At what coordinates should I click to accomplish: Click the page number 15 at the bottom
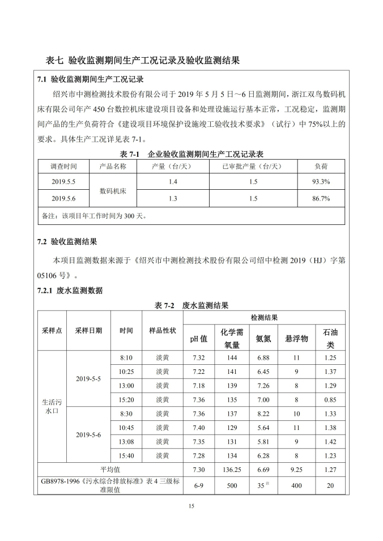[191, 506]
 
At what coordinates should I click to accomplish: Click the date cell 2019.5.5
[63, 182]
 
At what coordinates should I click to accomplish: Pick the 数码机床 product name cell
[113, 190]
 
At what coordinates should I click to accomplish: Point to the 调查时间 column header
[63, 166]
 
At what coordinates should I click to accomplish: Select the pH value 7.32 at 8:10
[198, 358]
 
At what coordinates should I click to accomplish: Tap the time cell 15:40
[126, 455]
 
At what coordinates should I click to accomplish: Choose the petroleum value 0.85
[330, 400]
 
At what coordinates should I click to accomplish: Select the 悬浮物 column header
[296, 338]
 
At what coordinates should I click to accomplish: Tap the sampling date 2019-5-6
[88, 434]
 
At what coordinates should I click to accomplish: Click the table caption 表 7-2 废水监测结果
[191, 305]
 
